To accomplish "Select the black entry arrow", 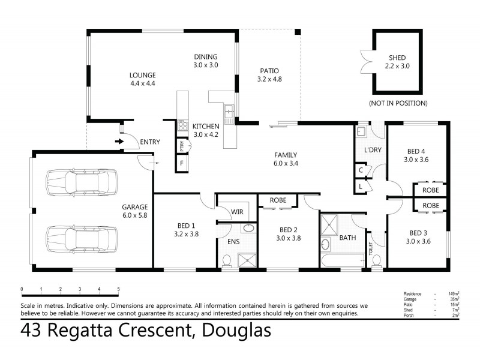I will pos(119,142).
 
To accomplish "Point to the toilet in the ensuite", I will pos(226,259).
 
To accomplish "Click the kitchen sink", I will pos(229,110).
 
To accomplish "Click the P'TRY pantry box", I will pos(181,146).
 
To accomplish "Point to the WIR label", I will pos(237,211).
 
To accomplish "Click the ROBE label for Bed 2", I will pos(277,200).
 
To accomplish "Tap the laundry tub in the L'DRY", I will pos(361,132).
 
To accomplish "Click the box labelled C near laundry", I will pos(361,170).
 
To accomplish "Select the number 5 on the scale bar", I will pos(119,290).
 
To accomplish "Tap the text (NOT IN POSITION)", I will pos(398,103).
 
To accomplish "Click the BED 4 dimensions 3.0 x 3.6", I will pos(417,160).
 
